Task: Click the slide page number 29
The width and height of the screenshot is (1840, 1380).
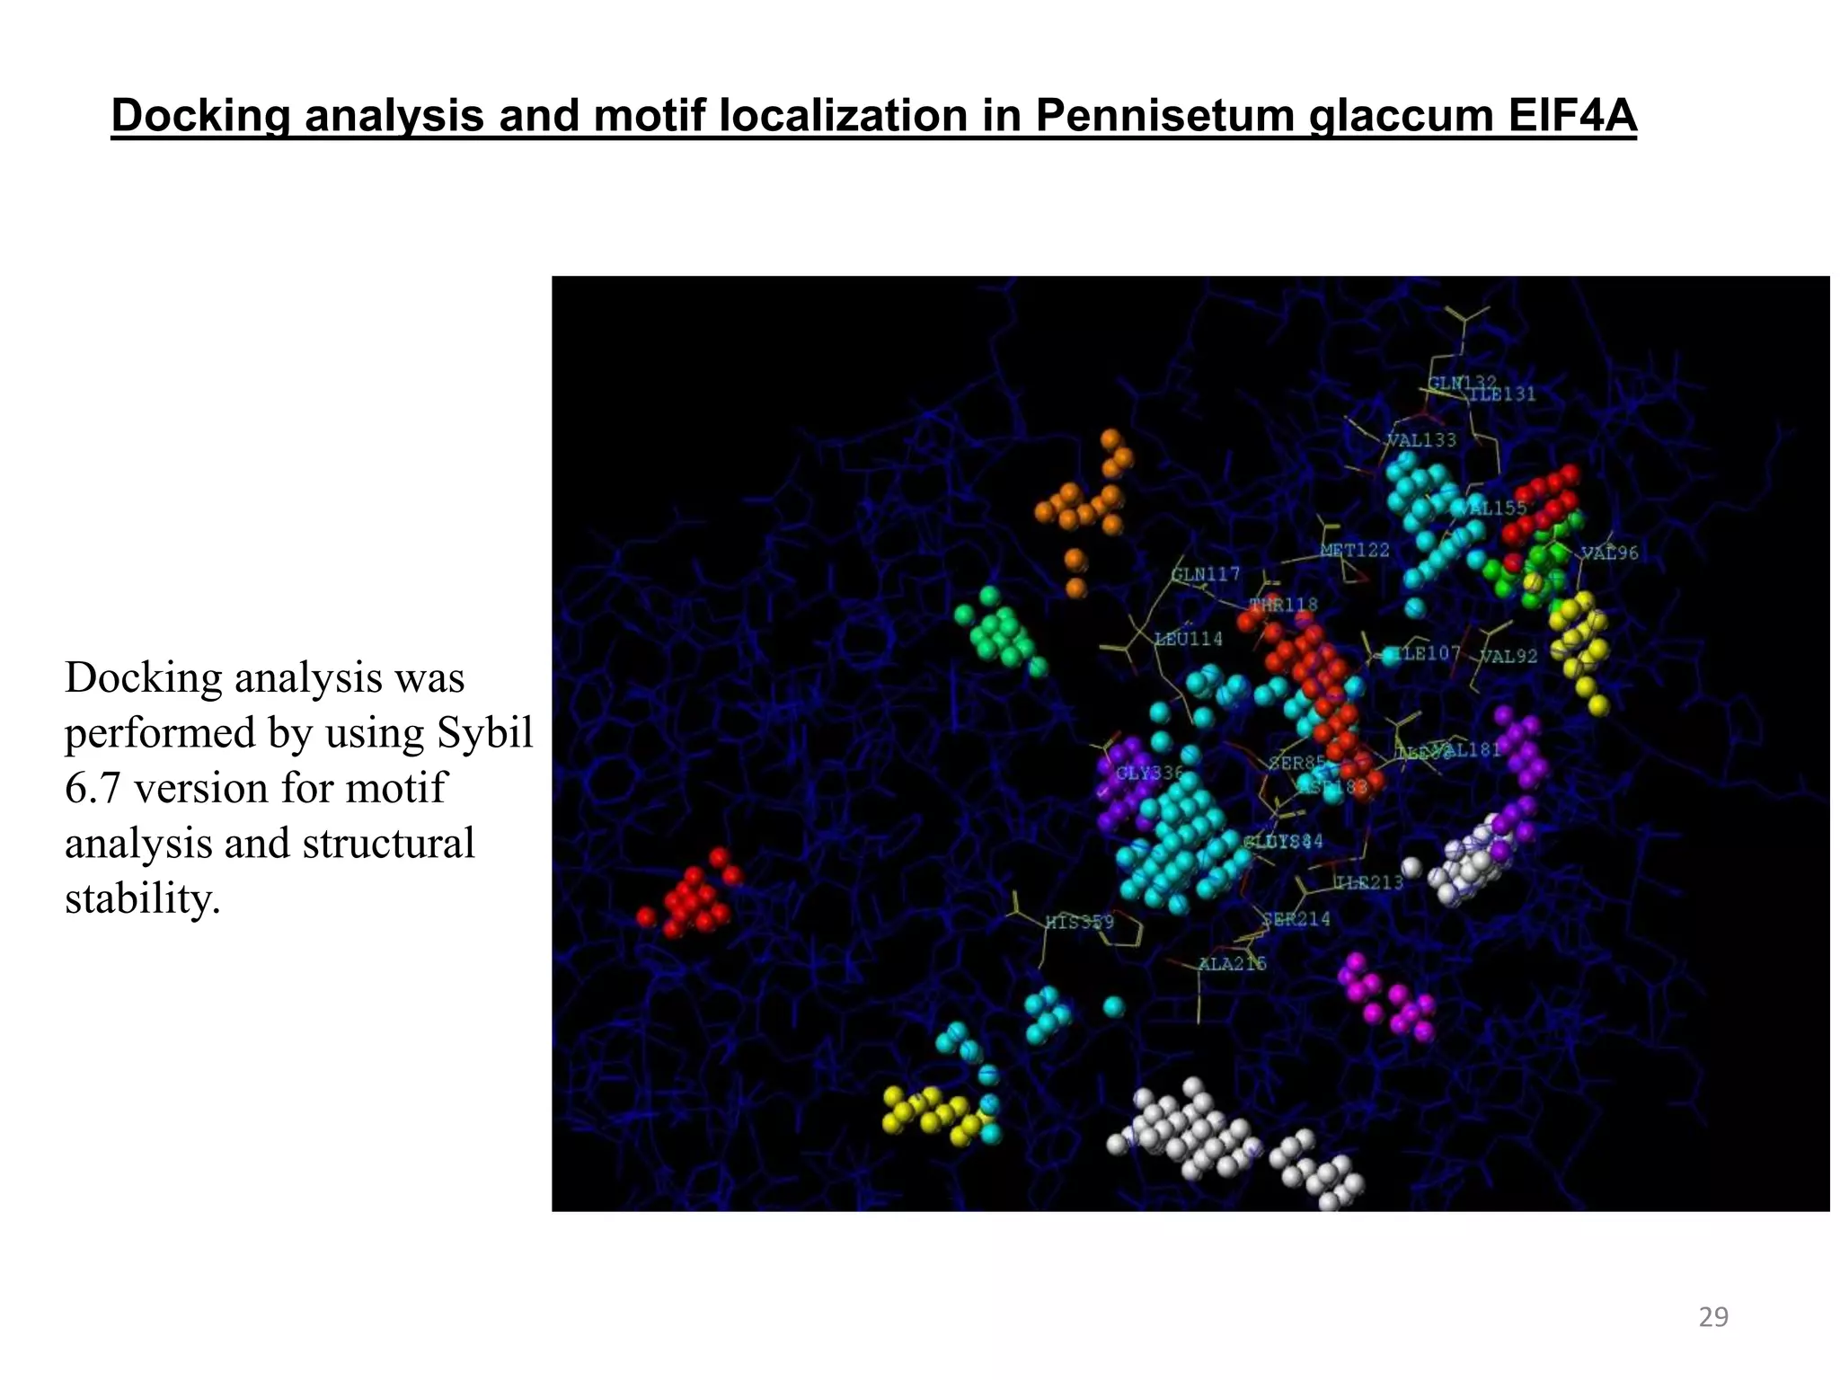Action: coord(1713,1317)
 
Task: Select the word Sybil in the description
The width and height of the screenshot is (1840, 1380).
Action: coord(486,732)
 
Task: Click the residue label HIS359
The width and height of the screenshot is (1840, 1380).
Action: coord(1079,922)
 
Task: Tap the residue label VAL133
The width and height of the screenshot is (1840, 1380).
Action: coord(1421,440)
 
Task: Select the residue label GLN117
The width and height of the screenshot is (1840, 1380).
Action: coord(1205,574)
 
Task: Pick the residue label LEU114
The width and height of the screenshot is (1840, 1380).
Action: coord(1188,639)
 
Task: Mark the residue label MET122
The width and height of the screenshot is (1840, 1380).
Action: coord(1355,550)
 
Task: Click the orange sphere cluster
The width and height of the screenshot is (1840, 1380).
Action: coord(1085,508)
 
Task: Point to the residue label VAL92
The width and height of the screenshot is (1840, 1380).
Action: coord(1508,657)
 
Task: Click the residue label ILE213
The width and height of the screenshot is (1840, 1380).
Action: coord(1368,882)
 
